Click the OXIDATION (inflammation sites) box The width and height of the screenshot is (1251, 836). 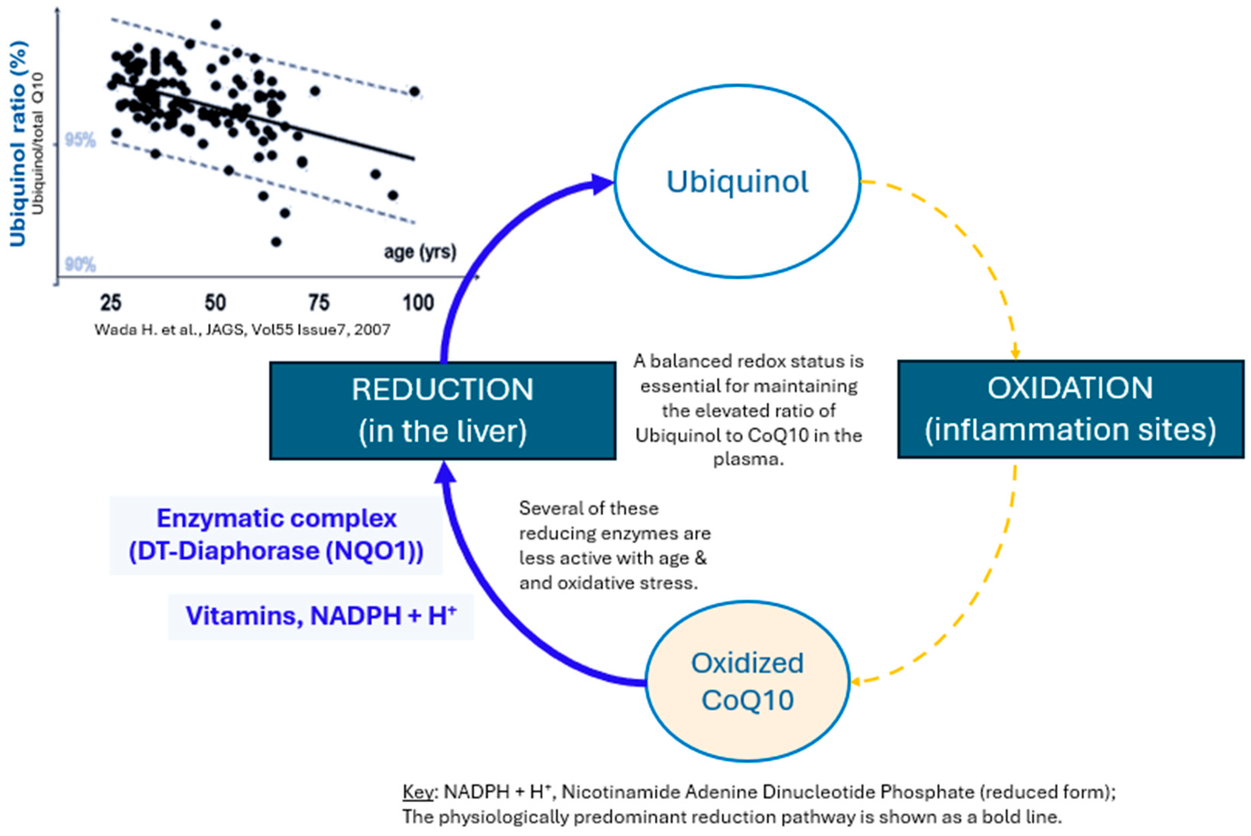click(1070, 409)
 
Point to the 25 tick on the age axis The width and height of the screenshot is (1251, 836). click(111, 303)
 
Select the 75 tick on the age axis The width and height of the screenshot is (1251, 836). click(319, 303)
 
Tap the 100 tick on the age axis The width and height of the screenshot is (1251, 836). click(418, 303)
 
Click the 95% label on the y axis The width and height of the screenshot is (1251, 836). click(80, 140)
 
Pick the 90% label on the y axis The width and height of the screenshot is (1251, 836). click(80, 264)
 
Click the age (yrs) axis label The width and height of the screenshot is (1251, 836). click(420, 252)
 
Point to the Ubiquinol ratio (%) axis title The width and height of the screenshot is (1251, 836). click(18, 144)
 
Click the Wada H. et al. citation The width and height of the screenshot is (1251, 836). click(242, 329)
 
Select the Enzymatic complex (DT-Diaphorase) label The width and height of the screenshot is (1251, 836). click(276, 535)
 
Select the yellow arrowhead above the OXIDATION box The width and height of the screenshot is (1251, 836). click(1015, 354)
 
